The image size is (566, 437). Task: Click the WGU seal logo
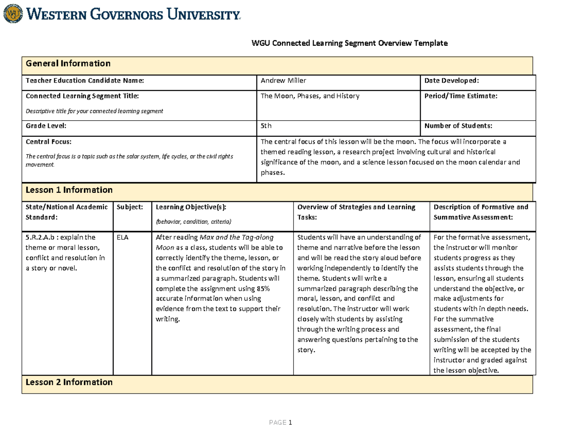[x=12, y=14]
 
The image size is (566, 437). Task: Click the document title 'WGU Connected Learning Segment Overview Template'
[x=349, y=43]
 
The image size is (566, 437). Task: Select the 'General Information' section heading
[x=68, y=63]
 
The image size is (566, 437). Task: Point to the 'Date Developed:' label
[x=451, y=81]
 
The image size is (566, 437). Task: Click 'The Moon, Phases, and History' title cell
[x=310, y=96]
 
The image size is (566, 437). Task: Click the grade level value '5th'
[x=266, y=126]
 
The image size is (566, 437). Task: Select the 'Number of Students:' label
[x=458, y=126]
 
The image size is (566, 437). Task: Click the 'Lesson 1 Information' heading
[x=69, y=190]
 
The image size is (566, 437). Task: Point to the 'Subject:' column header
[x=130, y=207]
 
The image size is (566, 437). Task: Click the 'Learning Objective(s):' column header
[x=191, y=207]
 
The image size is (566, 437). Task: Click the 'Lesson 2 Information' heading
[x=69, y=382]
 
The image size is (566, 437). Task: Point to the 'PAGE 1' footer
[x=281, y=423]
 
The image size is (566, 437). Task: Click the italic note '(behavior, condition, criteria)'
[x=193, y=222]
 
